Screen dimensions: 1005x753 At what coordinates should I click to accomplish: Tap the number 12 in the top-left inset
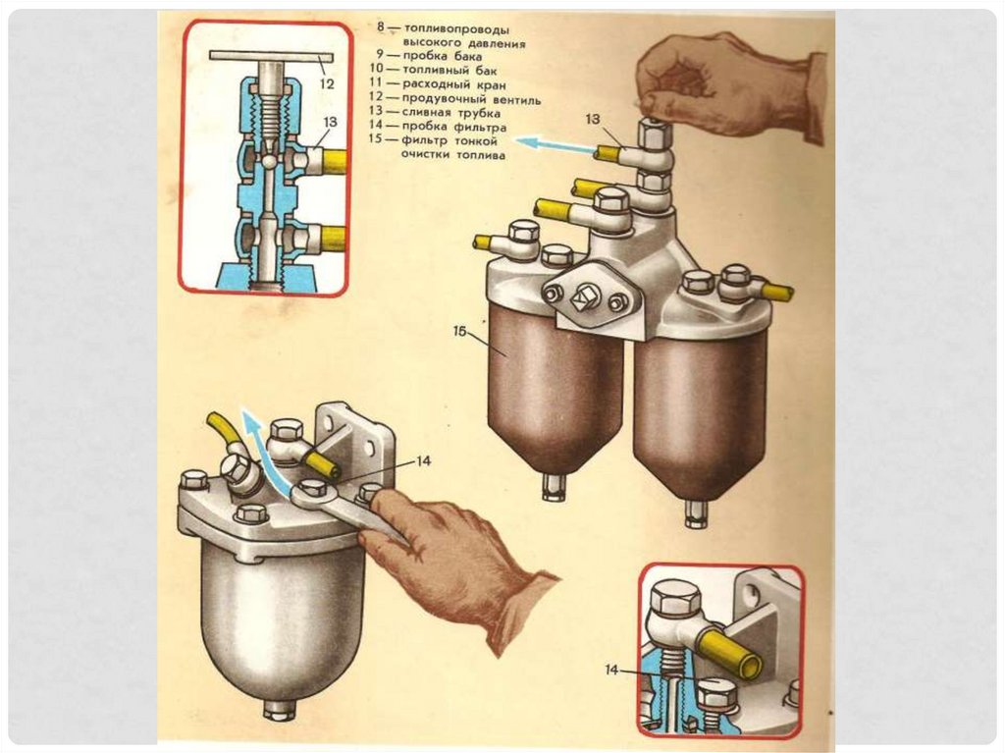[327, 84]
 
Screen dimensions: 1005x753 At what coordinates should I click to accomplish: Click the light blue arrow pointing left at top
[555, 146]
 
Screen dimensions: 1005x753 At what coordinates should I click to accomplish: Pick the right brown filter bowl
[699, 412]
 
